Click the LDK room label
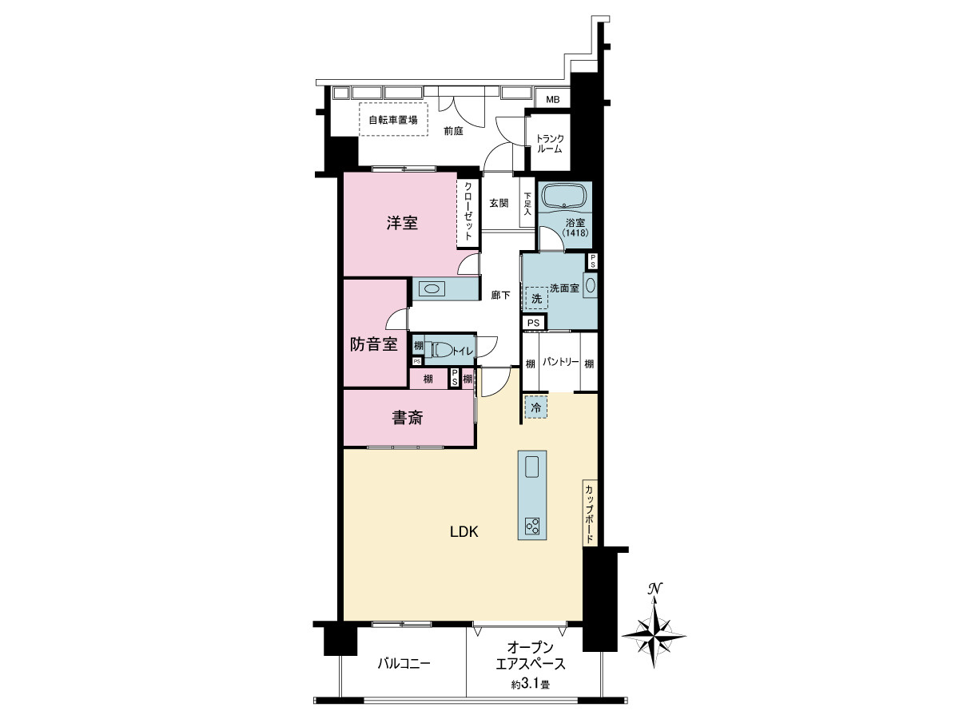coord(464,532)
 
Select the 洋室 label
coord(402,223)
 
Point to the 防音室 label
coord(374,344)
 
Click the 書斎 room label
coord(408,418)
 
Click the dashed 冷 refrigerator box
coord(535,407)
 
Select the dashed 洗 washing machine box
coord(536,298)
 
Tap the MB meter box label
coord(553,100)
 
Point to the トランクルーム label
coord(550,144)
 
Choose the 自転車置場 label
coord(393,120)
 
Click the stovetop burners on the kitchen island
coord(532,526)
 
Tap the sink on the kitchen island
coord(532,467)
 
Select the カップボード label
coord(589,514)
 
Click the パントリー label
coord(560,362)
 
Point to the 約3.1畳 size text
coord(531,684)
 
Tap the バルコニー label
coord(404,664)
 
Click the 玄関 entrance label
coord(499,203)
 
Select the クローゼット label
coord(468,211)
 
